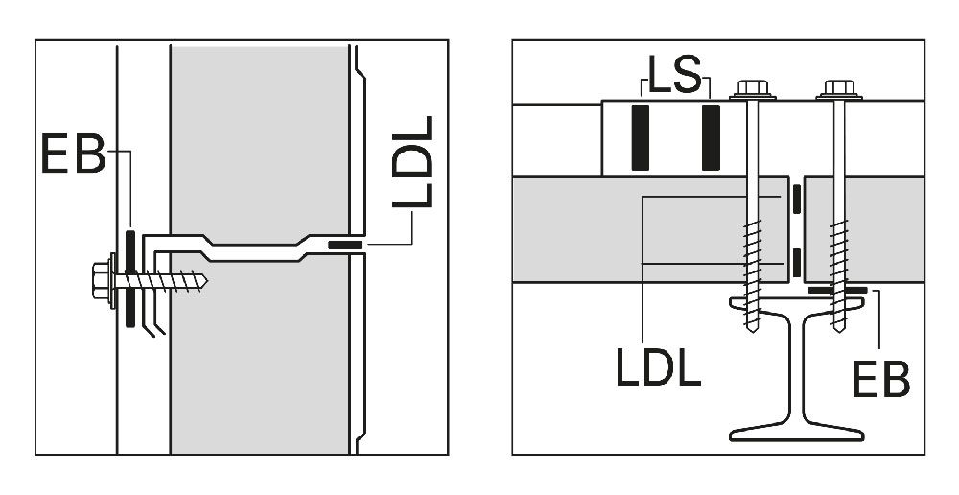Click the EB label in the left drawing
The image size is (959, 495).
click(x=74, y=153)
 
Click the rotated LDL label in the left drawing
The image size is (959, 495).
click(x=412, y=161)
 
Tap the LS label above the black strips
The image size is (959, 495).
click(x=674, y=75)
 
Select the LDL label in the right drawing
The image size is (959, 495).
click(x=658, y=366)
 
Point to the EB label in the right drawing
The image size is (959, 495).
click(x=880, y=379)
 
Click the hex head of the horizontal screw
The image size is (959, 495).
click(x=101, y=281)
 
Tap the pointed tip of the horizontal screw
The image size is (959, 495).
click(x=208, y=281)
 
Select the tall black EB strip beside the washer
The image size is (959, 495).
click(x=130, y=278)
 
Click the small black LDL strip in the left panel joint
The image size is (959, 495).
click(x=345, y=246)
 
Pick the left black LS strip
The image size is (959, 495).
click(x=641, y=138)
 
